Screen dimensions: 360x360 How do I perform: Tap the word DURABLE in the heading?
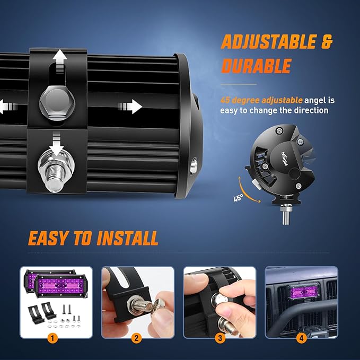point(256,66)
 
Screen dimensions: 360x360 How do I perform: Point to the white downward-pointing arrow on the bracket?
point(58,142)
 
